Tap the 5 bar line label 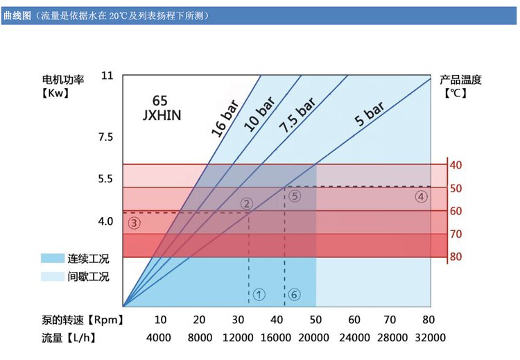(x=370, y=112)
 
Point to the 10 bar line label (x=259, y=114)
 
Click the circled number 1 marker (x=259, y=295)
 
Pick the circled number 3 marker (x=135, y=223)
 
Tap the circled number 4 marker (x=421, y=196)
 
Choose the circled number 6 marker (x=294, y=295)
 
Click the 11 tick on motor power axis (x=106, y=75)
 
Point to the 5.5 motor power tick (x=105, y=179)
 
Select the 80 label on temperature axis (x=456, y=257)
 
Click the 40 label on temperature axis (x=456, y=165)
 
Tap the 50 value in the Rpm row (x=315, y=320)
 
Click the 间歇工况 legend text (x=89, y=276)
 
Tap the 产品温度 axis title (x=460, y=79)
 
